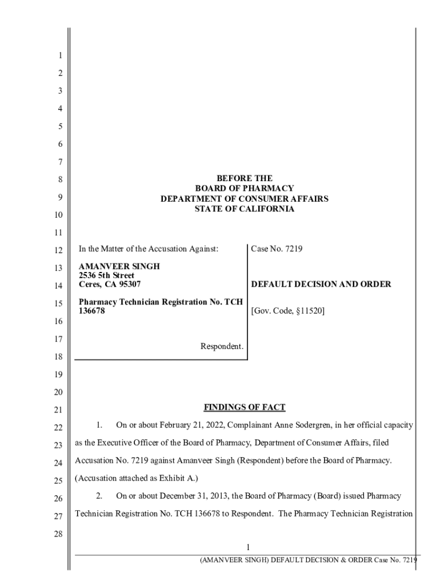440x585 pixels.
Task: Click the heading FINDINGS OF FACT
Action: click(x=244, y=407)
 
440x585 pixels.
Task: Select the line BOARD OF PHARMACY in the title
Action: click(x=244, y=189)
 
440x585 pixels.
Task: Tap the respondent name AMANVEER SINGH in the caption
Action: click(x=119, y=267)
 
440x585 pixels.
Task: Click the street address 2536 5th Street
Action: click(x=106, y=275)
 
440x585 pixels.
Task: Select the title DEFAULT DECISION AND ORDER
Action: click(x=321, y=284)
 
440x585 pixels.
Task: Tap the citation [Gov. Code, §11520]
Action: click(x=288, y=312)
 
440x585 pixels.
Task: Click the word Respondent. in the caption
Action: click(x=222, y=346)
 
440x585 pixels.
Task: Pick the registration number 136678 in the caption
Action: click(x=92, y=311)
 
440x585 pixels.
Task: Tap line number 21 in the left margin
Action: click(x=58, y=410)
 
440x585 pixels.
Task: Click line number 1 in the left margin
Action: click(x=60, y=56)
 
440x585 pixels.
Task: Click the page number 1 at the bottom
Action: click(x=248, y=547)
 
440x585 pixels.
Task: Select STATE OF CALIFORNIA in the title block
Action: click(x=244, y=209)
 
